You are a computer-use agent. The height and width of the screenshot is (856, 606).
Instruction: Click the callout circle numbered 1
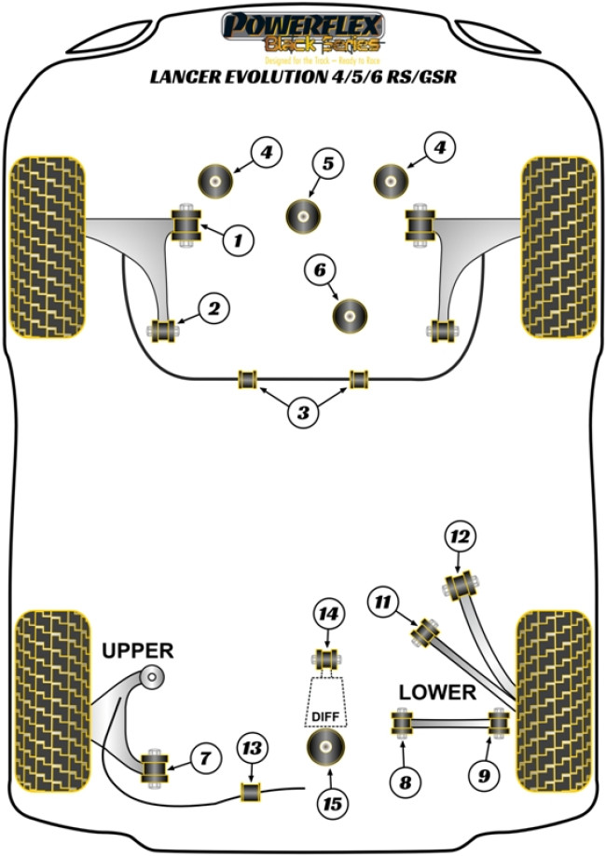[x=238, y=241]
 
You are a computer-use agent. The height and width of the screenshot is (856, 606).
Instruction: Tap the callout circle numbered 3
[x=303, y=414]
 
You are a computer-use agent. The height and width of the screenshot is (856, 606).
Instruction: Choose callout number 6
[x=320, y=271]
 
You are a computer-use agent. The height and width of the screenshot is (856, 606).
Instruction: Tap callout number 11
[x=382, y=603]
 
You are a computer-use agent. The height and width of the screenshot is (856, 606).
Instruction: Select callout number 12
[x=460, y=537]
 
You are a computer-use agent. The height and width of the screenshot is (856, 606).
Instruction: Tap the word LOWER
[x=437, y=693]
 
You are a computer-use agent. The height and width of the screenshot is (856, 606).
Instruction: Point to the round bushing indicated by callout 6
[x=351, y=314]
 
